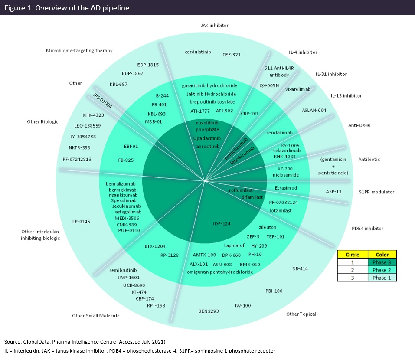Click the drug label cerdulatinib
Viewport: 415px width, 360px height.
197,52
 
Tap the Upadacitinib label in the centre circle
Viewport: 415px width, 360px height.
207,138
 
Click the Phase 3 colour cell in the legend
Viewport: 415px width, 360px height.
382,262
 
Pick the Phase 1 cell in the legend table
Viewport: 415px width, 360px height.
382,278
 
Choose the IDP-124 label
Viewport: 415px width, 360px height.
222,224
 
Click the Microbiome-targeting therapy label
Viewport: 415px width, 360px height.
79,51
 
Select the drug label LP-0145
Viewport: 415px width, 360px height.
81,222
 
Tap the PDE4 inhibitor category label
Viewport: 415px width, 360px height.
367,229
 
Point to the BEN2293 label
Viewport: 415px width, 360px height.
209,311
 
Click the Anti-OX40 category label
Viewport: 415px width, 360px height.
359,126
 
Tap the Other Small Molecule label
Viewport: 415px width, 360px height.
96,316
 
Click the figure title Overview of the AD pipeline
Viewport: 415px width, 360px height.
67,7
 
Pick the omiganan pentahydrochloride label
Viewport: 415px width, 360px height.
219,272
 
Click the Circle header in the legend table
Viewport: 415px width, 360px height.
352,254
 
